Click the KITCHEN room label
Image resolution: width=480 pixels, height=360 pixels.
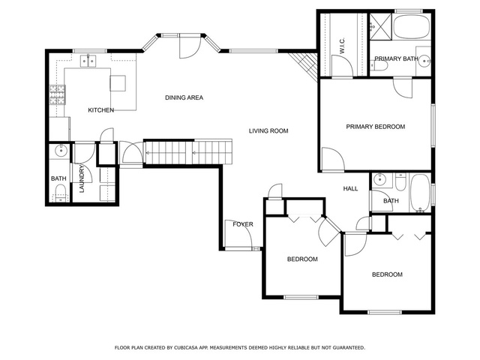pyautogui.click(x=101, y=110)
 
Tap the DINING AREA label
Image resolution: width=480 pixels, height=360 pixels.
pyautogui.click(x=184, y=97)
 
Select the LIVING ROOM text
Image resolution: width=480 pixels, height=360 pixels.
pyautogui.click(x=268, y=131)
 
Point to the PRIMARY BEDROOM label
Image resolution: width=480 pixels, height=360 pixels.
pyautogui.click(x=375, y=127)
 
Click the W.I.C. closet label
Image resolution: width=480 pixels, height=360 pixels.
pyautogui.click(x=342, y=45)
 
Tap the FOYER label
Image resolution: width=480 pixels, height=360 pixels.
pyautogui.click(x=243, y=224)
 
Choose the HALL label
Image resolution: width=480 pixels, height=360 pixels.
pyautogui.click(x=350, y=188)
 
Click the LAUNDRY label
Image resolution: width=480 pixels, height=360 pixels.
pyautogui.click(x=82, y=178)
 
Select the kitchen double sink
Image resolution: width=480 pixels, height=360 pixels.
pyautogui.click(x=88, y=61)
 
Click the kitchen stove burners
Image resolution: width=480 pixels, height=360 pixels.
pyautogui.click(x=58, y=95)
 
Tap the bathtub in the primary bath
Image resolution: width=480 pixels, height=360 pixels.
pyautogui.click(x=412, y=26)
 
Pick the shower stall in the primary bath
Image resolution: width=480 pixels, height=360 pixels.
pyautogui.click(x=380, y=26)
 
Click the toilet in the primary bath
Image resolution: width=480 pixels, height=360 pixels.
pyautogui.click(x=375, y=65)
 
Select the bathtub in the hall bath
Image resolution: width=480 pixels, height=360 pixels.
pyautogui.click(x=419, y=193)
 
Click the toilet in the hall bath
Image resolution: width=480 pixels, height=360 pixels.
pyautogui.click(x=400, y=182)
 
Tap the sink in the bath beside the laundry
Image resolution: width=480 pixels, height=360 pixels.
pyautogui.click(x=61, y=151)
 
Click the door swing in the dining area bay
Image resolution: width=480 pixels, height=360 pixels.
pyautogui.click(x=190, y=46)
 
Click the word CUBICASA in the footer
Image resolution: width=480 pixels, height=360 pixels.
pyautogui.click(x=185, y=348)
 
